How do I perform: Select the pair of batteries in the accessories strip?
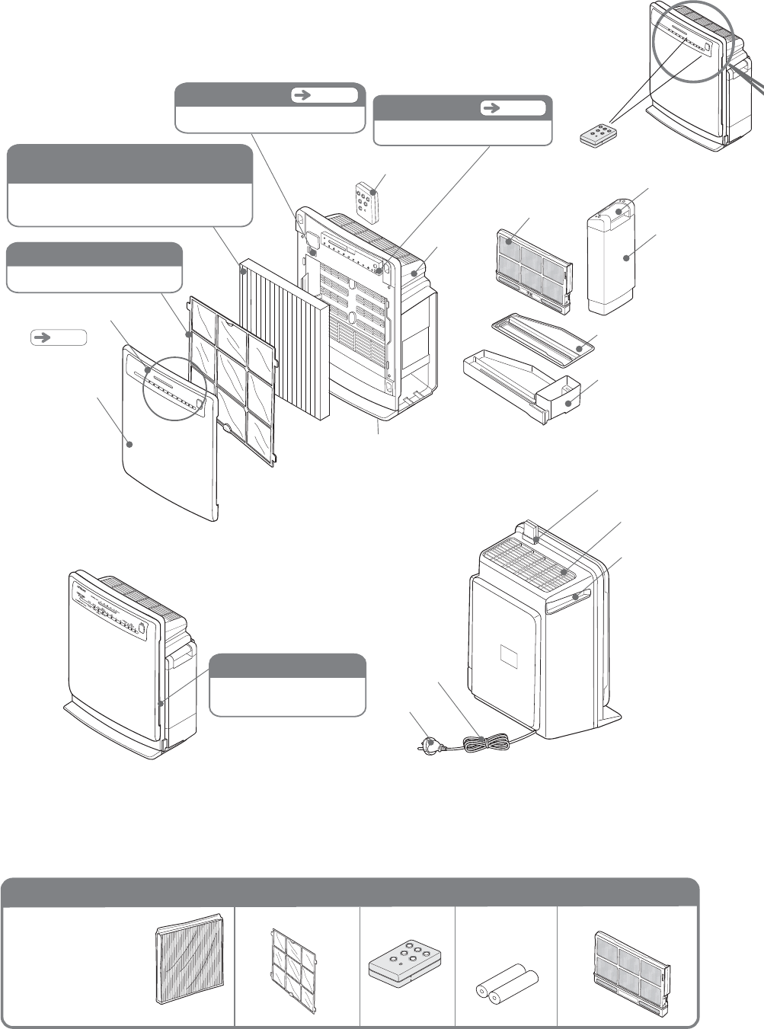(x=507, y=983)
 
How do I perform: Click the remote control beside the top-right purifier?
(x=599, y=134)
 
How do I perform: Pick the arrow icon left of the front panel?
(x=59, y=337)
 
